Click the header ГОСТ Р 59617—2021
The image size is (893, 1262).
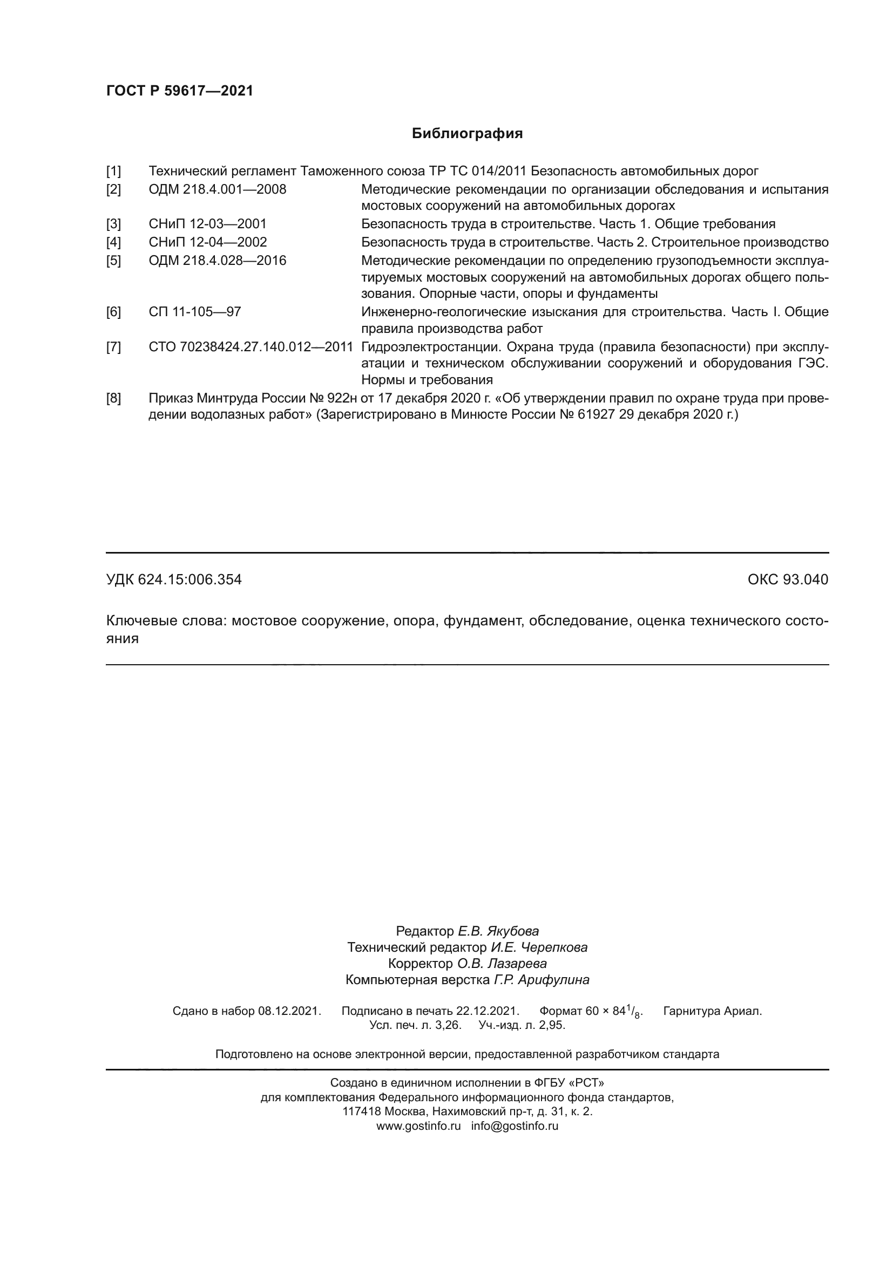179,91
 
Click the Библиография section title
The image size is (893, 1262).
467,134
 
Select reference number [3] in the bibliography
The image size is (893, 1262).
113,224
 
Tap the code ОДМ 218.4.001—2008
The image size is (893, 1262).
217,189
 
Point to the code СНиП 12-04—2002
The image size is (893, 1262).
207,242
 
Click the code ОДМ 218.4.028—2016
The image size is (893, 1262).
217,261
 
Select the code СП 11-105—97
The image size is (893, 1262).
195,312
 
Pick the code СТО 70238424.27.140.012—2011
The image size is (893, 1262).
250,347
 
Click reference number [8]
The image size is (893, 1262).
113,399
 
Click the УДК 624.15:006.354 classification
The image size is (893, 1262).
174,580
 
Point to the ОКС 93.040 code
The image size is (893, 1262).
787,580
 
